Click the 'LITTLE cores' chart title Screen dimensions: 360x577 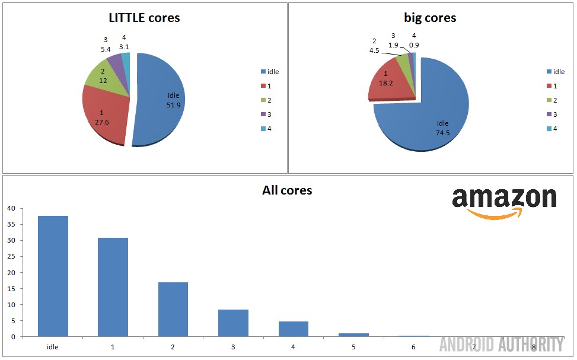[x=144, y=18]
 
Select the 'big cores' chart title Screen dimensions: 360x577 [x=430, y=18]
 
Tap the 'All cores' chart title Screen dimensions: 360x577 [x=287, y=190]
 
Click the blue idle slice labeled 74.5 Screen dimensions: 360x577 [x=427, y=119]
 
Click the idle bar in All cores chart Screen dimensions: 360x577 [x=53, y=276]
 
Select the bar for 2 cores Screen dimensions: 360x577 [x=173, y=309]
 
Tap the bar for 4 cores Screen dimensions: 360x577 [x=293, y=329]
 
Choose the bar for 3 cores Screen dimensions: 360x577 [x=233, y=323]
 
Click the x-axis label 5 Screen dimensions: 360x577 [x=353, y=346]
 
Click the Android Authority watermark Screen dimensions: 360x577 [x=501, y=344]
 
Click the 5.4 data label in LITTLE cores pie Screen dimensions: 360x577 [x=105, y=49]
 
